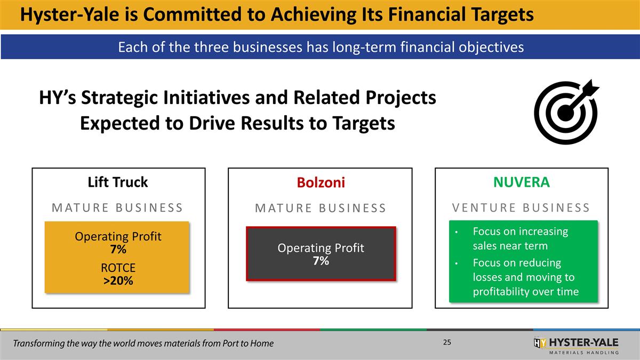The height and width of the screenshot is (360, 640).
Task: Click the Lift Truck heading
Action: tap(117, 182)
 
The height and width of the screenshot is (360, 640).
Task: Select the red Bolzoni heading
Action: tap(321, 183)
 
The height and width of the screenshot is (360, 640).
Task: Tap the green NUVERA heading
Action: tap(521, 182)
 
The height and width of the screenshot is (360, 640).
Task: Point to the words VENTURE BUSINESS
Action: tap(521, 207)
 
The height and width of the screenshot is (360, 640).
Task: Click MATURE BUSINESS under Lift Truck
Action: tap(117, 207)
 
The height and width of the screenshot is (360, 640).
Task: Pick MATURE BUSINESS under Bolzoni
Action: tap(321, 208)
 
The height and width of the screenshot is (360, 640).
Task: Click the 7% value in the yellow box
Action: tap(118, 250)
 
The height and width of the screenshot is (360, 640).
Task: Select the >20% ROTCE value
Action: tap(118, 281)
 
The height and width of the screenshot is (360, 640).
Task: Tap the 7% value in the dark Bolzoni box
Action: tap(321, 261)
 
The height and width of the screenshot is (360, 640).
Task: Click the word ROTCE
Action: tap(118, 268)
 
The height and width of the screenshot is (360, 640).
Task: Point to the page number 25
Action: tap(447, 342)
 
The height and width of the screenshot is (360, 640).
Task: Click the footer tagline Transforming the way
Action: tap(143, 343)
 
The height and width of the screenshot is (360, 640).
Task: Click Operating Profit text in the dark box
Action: tap(321, 248)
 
